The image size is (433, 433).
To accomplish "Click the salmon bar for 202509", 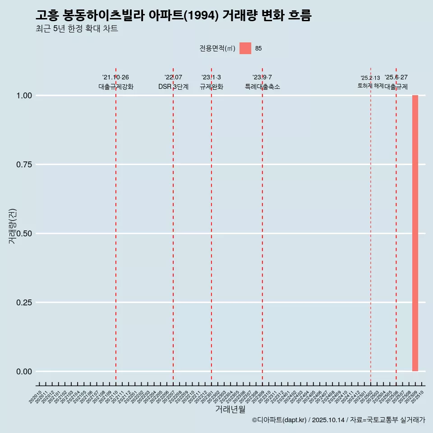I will click(415, 233).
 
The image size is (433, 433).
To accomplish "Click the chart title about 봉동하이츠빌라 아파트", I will click(174, 15).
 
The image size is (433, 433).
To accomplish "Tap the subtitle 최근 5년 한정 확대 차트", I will click(77, 29).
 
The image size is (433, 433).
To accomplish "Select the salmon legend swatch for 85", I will click(245, 48).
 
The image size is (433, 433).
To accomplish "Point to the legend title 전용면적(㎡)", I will click(217, 48).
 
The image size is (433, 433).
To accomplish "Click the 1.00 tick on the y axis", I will click(24, 96).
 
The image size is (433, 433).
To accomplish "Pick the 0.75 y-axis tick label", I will click(24, 165).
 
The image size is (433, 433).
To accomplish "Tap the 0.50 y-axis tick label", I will click(24, 234).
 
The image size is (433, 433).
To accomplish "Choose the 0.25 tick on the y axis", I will click(24, 303).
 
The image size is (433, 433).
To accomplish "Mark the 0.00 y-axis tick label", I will click(24, 372).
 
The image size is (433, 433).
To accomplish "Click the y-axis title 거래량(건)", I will click(13, 226).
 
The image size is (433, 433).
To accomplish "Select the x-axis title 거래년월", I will click(230, 410).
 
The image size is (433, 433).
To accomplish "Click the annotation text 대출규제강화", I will click(116, 87).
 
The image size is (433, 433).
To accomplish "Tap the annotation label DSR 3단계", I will click(173, 87).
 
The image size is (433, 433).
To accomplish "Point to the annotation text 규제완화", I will click(212, 87).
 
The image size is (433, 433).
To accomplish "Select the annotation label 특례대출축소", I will click(263, 87).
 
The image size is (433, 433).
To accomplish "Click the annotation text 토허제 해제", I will click(370, 85).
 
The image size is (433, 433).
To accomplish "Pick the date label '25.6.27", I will click(396, 78).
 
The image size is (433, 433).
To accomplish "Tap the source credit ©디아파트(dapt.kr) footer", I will click(338, 420).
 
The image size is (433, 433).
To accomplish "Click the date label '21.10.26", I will click(116, 78).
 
